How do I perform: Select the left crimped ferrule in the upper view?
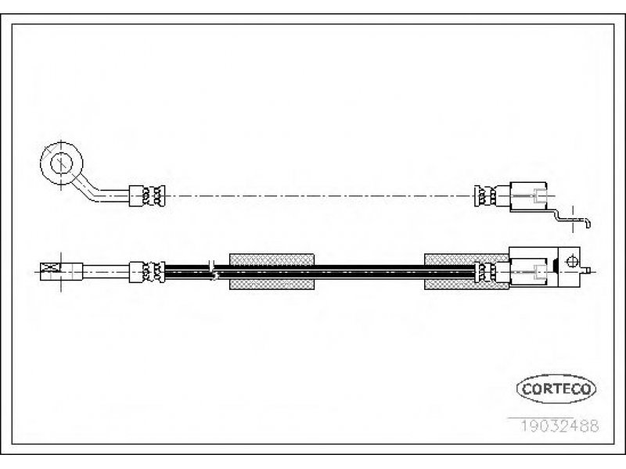click(147, 196)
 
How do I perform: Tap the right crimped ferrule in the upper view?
click(492, 196)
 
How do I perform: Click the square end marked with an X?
click(50, 272)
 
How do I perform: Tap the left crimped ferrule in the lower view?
click(147, 272)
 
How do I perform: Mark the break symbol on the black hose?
click(213, 270)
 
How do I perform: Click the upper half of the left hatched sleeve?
click(272, 260)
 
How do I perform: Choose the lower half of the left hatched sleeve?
click(272, 284)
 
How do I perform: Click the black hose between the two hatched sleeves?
click(369, 271)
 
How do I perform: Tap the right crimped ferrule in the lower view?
click(492, 272)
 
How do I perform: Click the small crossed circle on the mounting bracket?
click(572, 262)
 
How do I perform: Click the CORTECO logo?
click(556, 388)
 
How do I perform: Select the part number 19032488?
click(559, 426)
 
